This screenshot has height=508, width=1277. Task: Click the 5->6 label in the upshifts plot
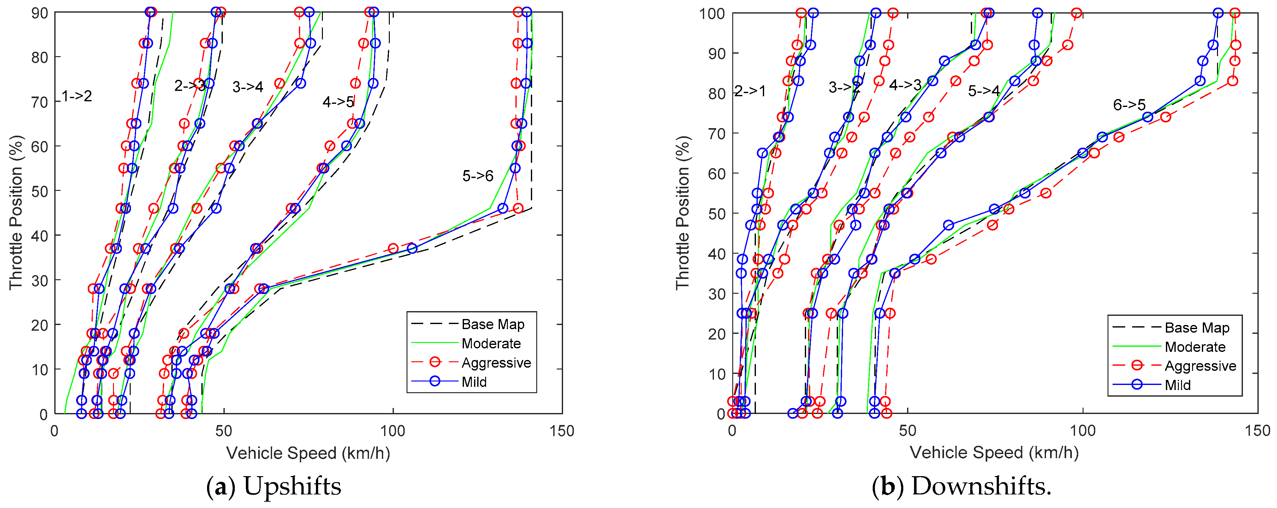coord(478,176)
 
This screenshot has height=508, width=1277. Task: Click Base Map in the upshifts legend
coord(492,325)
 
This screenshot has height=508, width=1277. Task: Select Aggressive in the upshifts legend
coord(496,363)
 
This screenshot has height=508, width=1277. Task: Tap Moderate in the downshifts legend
coord(1195,347)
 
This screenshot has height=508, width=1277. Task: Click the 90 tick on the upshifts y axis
coord(40,13)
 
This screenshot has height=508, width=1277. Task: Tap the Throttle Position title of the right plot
coord(683,213)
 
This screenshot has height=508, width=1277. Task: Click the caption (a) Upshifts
coord(274,486)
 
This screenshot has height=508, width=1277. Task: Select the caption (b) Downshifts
coord(962,486)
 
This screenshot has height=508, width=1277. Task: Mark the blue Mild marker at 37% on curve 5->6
coord(412,248)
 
